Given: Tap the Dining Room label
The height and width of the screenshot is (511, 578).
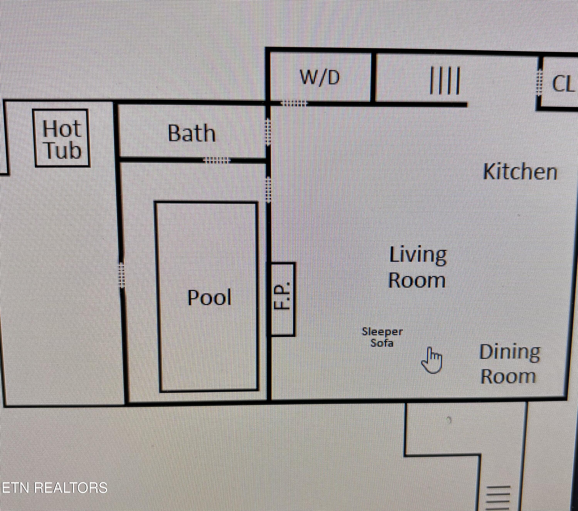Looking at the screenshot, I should [x=509, y=364].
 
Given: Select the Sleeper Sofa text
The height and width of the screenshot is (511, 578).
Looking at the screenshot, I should [x=382, y=337].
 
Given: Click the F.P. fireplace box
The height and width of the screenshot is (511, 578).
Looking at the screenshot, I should [x=283, y=299].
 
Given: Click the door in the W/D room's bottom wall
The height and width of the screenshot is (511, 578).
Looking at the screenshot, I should [x=293, y=103].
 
